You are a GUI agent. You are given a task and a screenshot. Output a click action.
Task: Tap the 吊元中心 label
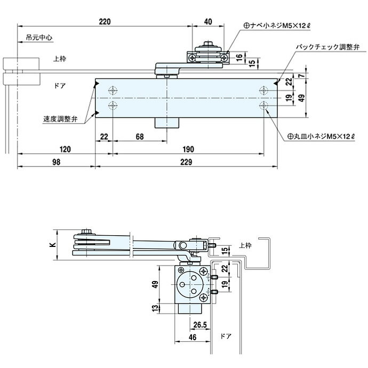click(38, 38)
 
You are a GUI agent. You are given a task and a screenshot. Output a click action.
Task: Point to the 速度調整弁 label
click(60, 119)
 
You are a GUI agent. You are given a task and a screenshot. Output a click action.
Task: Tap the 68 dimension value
click(140, 137)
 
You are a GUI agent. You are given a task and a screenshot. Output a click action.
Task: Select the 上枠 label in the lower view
click(245, 245)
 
